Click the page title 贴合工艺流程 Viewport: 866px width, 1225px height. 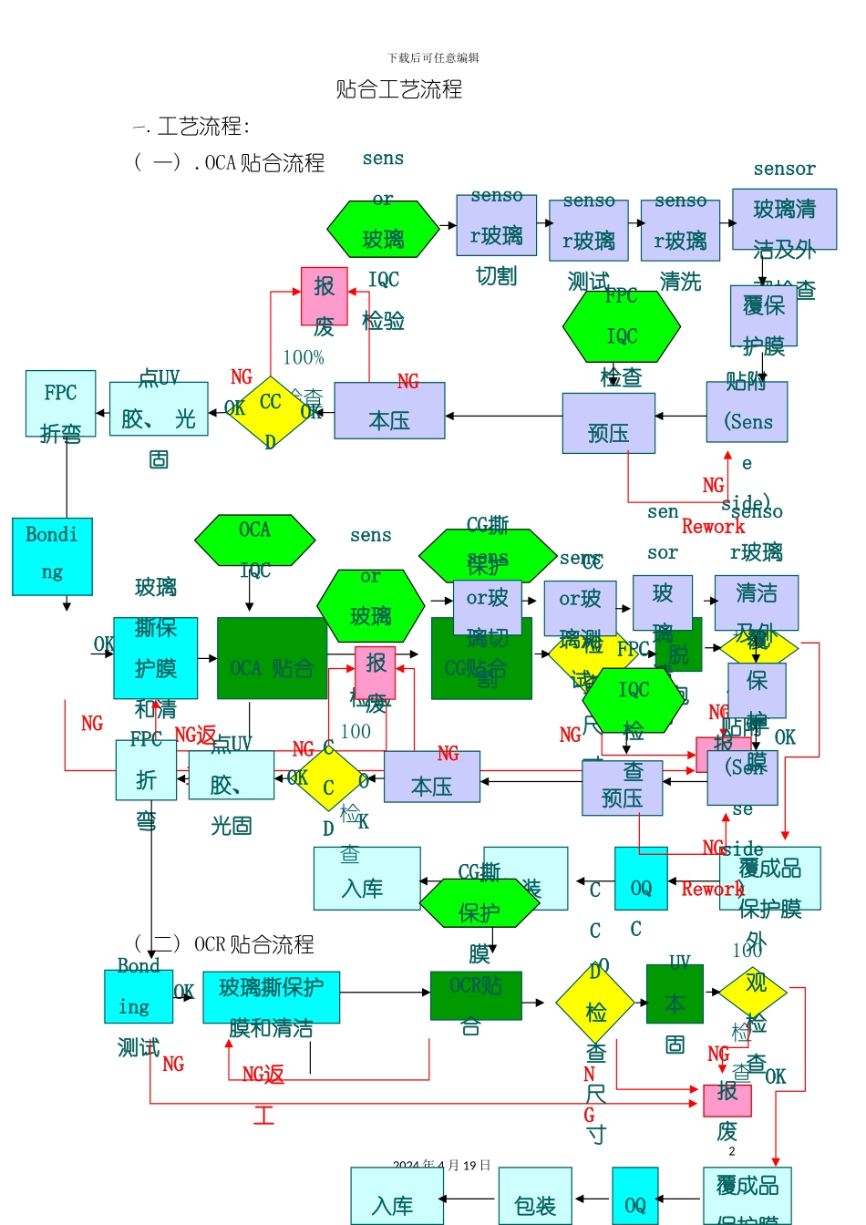coord(399,89)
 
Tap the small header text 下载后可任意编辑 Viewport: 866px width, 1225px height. coord(433,57)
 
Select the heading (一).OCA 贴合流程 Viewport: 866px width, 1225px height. coord(230,163)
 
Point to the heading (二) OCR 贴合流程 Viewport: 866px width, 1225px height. coord(224,944)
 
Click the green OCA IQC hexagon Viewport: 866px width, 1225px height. coord(254,540)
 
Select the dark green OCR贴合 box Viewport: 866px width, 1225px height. coord(476,995)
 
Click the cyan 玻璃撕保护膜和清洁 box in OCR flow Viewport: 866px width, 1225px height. coord(271,997)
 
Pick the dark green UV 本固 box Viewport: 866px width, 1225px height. coord(675,994)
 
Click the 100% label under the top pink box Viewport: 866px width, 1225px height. coord(304,357)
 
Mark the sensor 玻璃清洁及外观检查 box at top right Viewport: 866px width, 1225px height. coord(784,219)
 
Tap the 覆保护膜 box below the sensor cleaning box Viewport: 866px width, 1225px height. coord(764,315)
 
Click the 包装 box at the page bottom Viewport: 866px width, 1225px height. coord(535,1196)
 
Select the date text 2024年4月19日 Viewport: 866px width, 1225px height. coord(442,1165)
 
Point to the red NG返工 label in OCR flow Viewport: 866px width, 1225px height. coord(263,1076)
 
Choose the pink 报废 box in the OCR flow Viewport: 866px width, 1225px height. coord(727,1100)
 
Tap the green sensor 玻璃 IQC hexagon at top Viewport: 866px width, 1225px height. coord(383,229)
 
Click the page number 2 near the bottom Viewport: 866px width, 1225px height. coord(731,1151)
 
